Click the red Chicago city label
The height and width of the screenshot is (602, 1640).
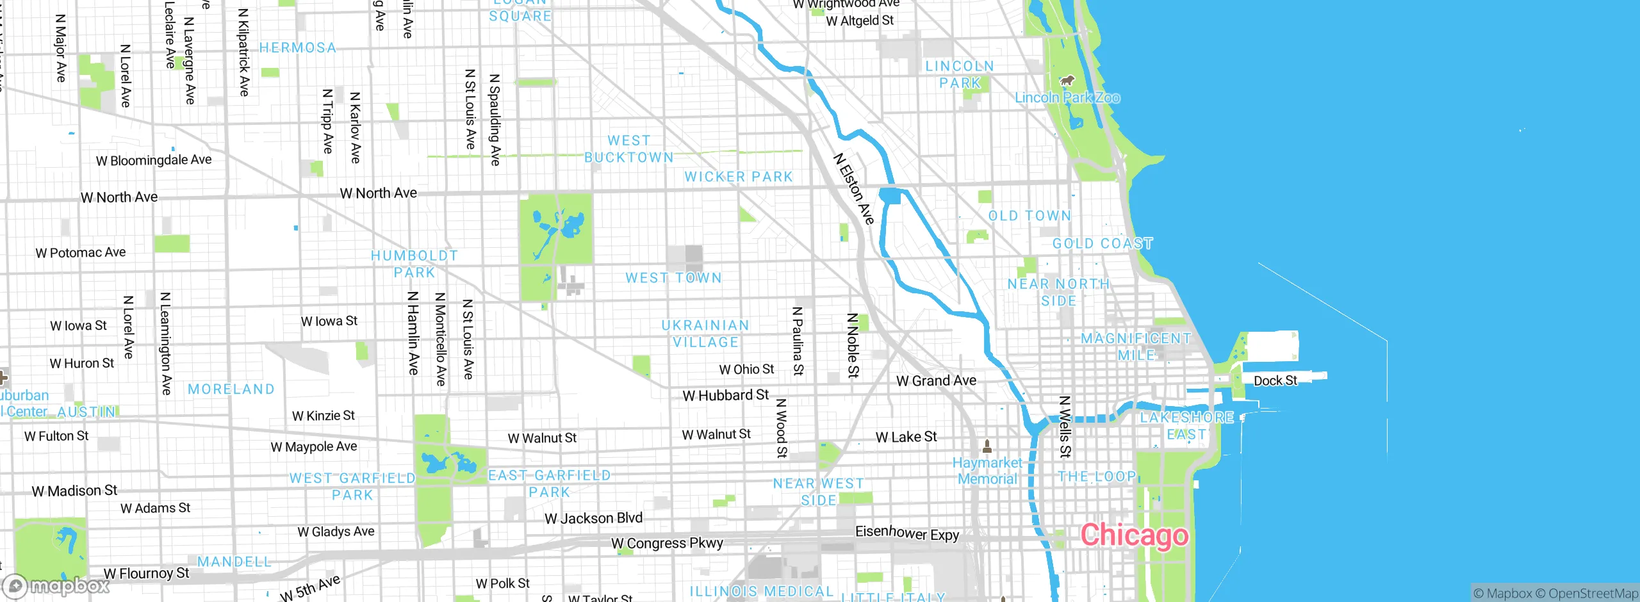point(1134,535)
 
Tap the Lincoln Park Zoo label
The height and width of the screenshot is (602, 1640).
point(1067,98)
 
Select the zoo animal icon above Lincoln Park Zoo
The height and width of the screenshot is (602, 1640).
point(1067,81)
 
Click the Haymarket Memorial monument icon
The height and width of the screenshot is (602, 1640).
point(987,445)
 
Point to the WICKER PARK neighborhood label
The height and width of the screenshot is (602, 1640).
point(738,177)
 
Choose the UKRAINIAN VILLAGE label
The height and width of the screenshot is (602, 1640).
point(705,334)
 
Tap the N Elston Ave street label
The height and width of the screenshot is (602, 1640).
point(853,188)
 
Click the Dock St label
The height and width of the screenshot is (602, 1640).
point(1275,380)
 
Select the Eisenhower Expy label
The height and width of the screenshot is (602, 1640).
point(907,533)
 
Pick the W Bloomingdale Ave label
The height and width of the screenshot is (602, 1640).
point(154,160)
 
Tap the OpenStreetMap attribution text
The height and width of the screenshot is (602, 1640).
point(1593,594)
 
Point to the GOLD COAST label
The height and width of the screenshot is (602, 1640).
point(1103,244)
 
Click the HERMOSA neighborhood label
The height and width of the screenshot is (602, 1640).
point(298,48)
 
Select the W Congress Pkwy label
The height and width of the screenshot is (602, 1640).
point(667,543)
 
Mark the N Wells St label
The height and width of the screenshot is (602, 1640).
point(1065,427)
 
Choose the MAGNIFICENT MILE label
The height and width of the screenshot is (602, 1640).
point(1136,346)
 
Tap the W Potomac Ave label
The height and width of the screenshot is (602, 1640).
point(81,252)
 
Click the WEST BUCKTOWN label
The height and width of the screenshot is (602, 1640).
point(628,149)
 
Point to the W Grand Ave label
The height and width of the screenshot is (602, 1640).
point(936,380)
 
